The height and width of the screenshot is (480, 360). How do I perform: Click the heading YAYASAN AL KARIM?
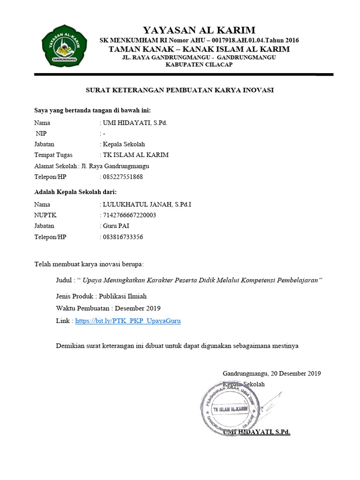tap(199, 30)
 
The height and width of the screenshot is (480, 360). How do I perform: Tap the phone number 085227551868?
tap(123, 177)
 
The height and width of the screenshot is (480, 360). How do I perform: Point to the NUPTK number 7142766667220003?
tap(129, 215)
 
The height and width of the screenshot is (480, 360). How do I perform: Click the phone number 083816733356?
tap(123, 237)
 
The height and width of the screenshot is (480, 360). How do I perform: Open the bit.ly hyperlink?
tap(127, 321)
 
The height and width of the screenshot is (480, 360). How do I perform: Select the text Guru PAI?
tap(116, 226)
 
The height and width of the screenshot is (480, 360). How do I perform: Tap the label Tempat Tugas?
tap(53, 155)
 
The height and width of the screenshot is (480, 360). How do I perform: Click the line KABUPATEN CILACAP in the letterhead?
tap(199, 65)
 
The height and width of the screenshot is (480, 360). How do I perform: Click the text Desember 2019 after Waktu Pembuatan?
tap(138, 308)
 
